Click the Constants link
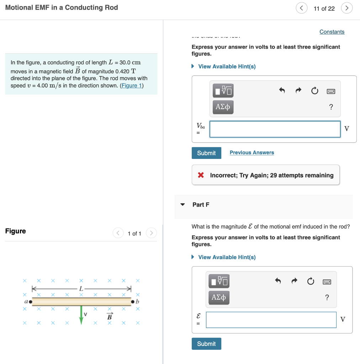pyautogui.click(x=332, y=32)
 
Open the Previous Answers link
pyautogui.click(x=252, y=152)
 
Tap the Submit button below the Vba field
pyautogui.click(x=206, y=153)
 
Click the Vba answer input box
pyautogui.click(x=275, y=129)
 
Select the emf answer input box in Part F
pyautogui.click(x=271, y=320)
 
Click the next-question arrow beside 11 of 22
pyautogui.click(x=346, y=8)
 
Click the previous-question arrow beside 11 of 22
pyautogui.click(x=301, y=8)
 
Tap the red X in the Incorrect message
pyautogui.click(x=201, y=175)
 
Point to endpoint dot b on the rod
pyautogui.click(x=133, y=302)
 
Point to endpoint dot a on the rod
pyautogui.click(x=31, y=302)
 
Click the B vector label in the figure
pyautogui.click(x=110, y=316)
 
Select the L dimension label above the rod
pyautogui.click(x=81, y=288)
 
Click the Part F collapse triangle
pyautogui.click(x=182, y=205)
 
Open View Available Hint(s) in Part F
pyautogui.click(x=227, y=257)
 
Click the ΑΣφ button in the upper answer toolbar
pyautogui.click(x=223, y=106)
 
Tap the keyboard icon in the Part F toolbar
pyautogui.click(x=327, y=282)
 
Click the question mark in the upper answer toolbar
pyautogui.click(x=331, y=107)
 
